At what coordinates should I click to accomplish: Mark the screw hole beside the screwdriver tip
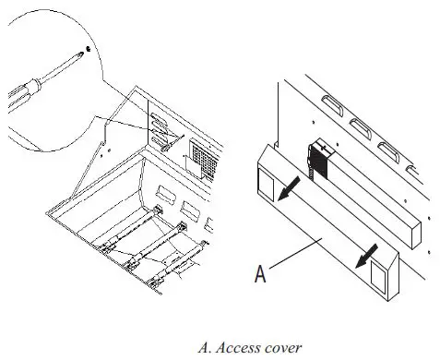[86, 46]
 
